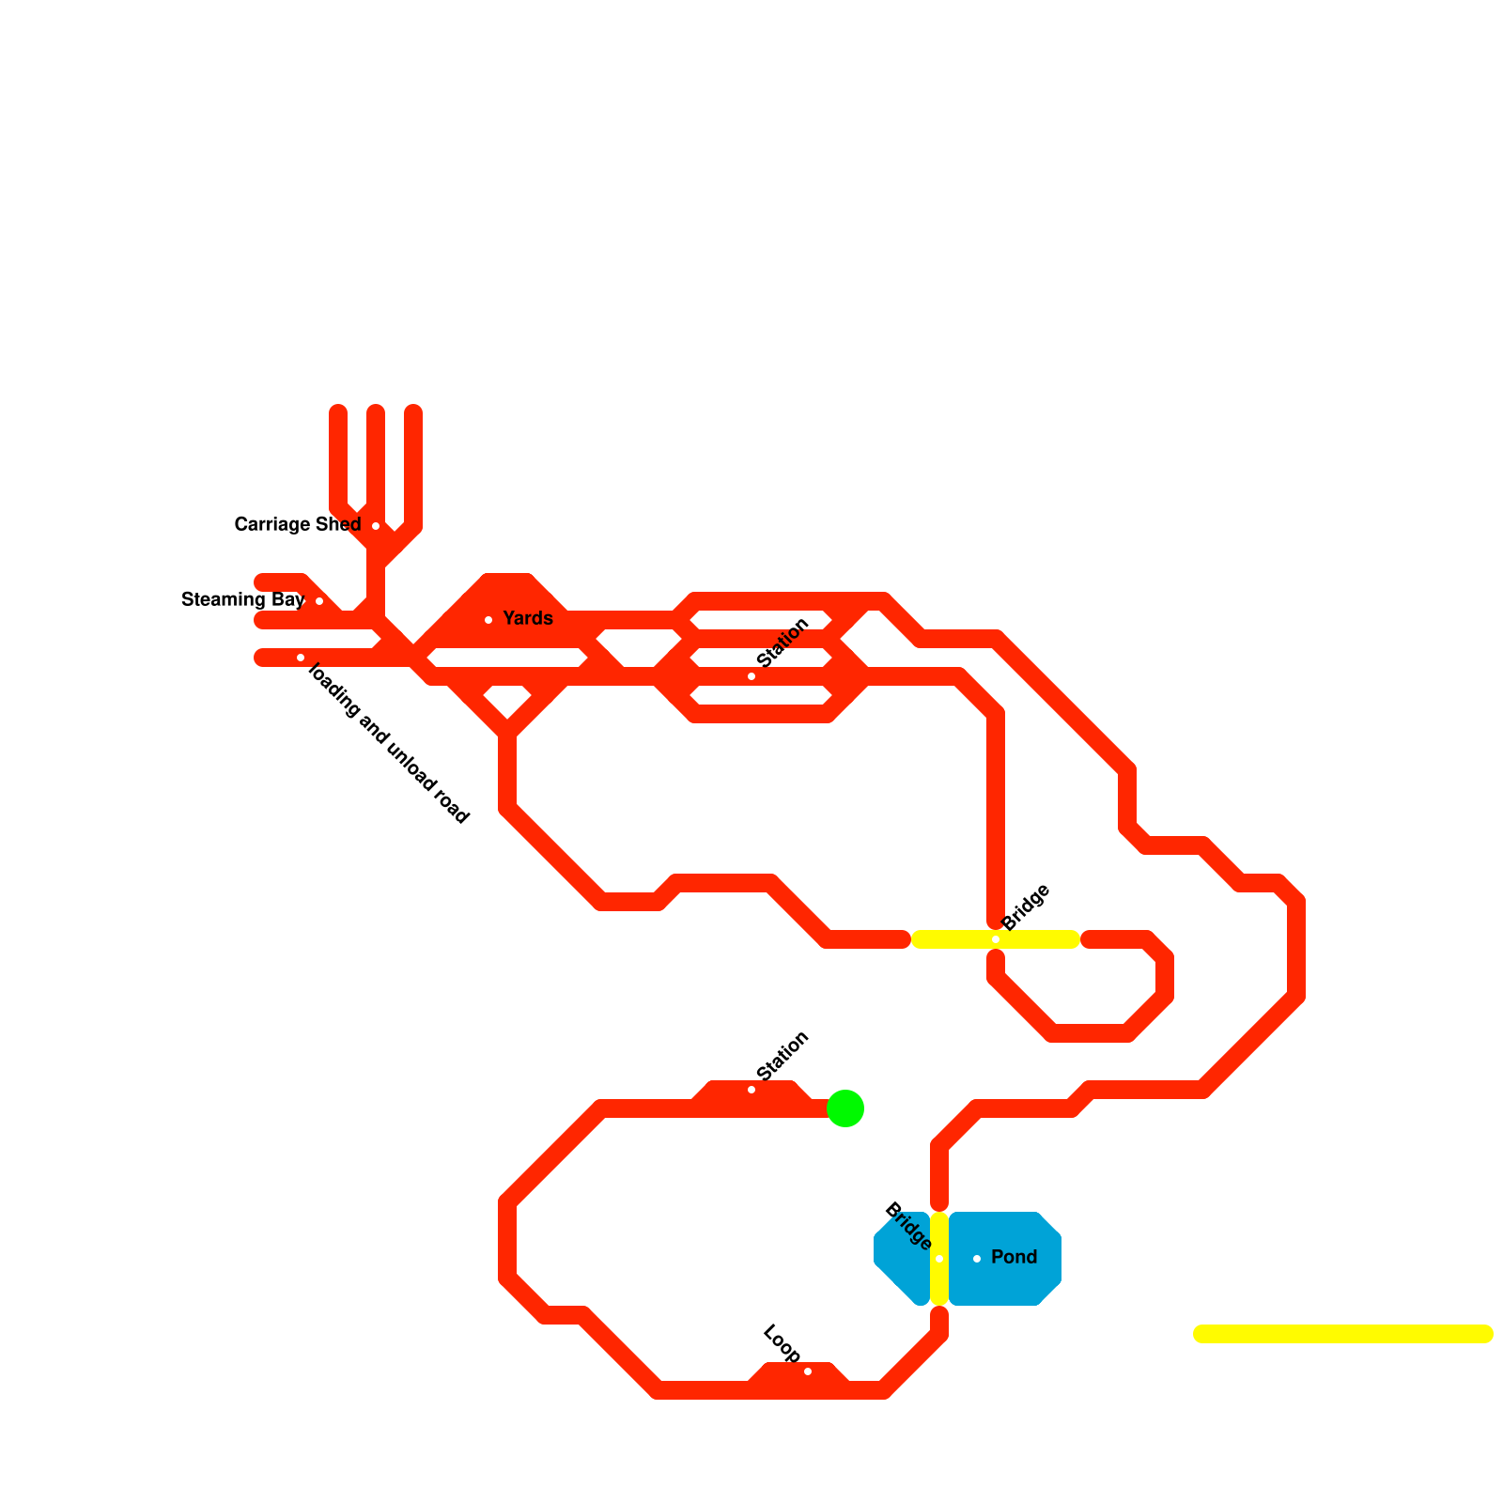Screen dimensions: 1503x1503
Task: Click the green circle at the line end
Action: point(845,1108)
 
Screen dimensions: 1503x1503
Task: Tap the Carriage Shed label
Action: point(297,524)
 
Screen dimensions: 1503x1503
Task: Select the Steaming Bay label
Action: point(242,599)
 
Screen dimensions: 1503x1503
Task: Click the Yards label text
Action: point(528,618)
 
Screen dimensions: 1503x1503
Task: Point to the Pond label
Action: point(1015,1257)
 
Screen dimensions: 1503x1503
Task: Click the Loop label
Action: point(781,1344)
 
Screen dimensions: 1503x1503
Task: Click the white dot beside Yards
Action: point(488,620)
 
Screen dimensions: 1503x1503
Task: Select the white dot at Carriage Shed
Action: point(376,526)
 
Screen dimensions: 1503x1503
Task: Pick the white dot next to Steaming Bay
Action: point(319,601)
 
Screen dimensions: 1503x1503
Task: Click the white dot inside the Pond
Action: point(977,1259)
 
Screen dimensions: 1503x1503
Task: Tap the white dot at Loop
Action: point(808,1371)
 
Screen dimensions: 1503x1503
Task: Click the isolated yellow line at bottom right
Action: point(1343,1334)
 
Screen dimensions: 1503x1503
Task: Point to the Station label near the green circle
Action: point(782,1055)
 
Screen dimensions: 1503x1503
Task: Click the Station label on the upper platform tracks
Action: point(782,643)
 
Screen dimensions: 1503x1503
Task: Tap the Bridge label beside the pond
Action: point(907,1226)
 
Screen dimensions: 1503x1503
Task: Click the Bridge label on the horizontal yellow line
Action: point(1026,907)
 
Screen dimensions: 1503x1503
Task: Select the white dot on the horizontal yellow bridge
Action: point(996,939)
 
